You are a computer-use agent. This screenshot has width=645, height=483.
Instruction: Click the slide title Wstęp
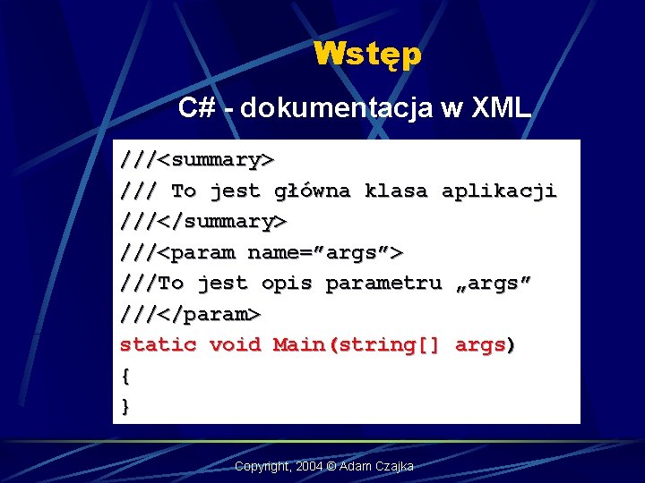coord(367,55)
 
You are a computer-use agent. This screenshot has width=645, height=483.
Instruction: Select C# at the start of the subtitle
coord(196,108)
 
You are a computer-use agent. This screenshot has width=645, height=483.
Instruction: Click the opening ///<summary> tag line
coord(197,160)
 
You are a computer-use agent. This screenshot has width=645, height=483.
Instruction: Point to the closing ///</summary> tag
coord(203,221)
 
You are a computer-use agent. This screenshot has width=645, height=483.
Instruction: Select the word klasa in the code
coord(395,191)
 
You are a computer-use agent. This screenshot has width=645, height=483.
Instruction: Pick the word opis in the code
coord(287,284)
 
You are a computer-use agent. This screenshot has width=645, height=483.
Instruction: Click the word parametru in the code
coord(383,284)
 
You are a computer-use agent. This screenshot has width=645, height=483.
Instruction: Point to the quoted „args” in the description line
coord(493,284)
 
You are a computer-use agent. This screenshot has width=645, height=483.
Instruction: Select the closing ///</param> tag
coord(191,314)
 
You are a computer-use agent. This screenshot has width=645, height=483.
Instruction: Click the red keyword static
coord(158,345)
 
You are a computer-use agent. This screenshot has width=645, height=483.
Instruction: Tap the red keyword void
coord(235,345)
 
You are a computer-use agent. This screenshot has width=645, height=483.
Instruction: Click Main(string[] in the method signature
coord(357,345)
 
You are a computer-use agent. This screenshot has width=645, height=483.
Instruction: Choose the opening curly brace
coord(125,376)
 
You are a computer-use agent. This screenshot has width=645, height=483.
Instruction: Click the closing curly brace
coord(125,406)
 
